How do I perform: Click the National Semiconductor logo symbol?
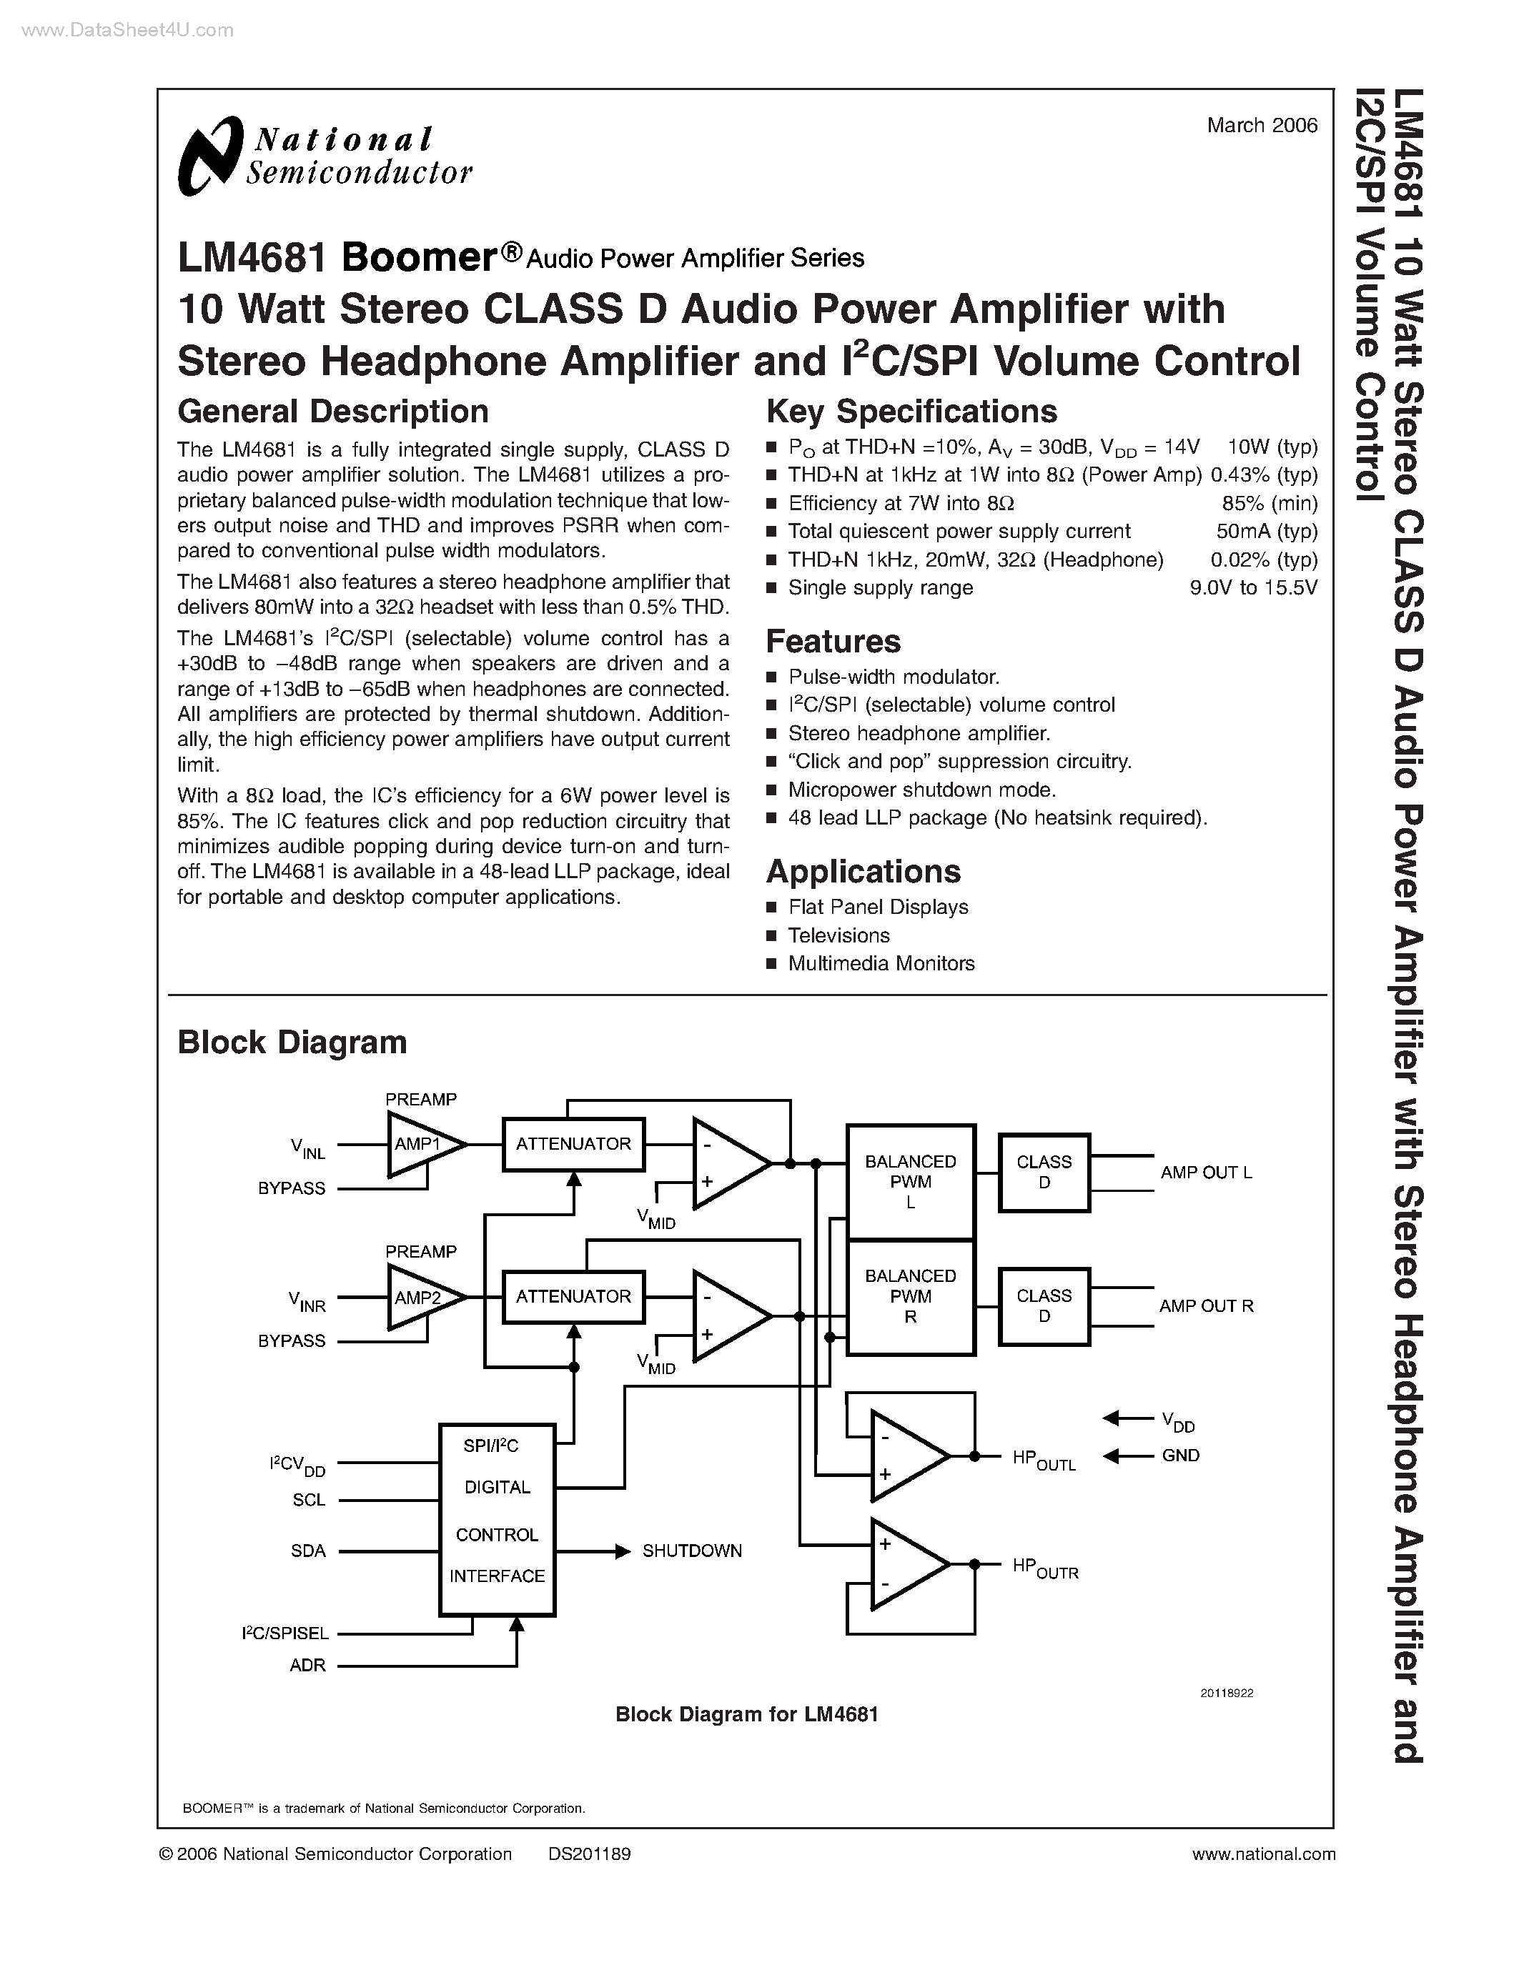coord(211,155)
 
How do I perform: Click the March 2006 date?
coord(1262,126)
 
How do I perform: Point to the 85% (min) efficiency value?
coord(1269,503)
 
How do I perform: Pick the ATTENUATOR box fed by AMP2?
coord(573,1296)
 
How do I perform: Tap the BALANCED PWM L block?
coord(911,1181)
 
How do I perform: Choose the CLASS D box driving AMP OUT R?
coord(1044,1305)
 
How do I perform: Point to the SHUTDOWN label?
coord(691,1551)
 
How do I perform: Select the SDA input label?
coord(308,1551)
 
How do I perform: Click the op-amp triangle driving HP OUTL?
coord(904,1455)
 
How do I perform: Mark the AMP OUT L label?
coord(1205,1173)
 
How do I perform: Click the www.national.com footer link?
coord(1262,1854)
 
